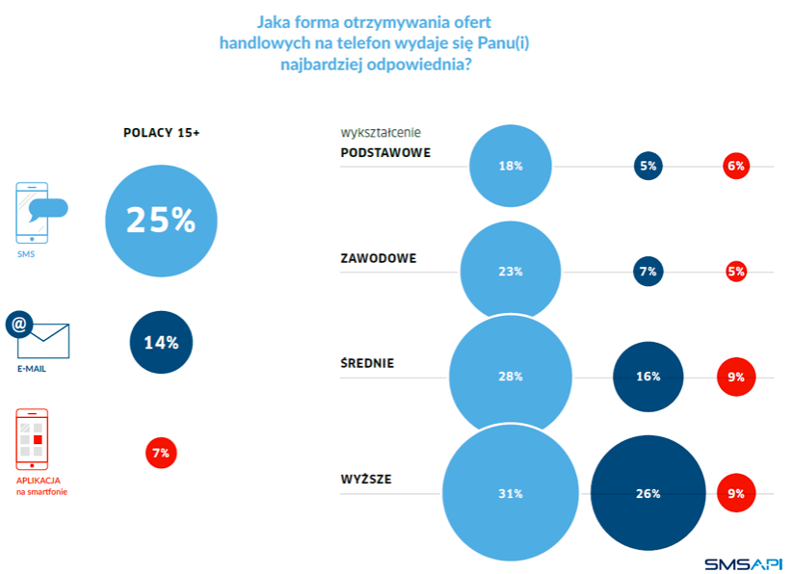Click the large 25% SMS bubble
(x=161, y=222)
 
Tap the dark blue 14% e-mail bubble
(x=161, y=342)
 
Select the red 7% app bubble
(x=161, y=452)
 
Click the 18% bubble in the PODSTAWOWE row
(x=511, y=166)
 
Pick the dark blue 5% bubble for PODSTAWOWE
(x=647, y=166)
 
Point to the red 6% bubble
(x=736, y=166)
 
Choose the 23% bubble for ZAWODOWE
(x=511, y=272)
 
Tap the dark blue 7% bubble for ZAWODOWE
(x=647, y=272)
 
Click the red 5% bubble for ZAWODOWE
(x=736, y=272)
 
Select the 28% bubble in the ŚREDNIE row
(x=511, y=377)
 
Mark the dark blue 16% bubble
(x=647, y=377)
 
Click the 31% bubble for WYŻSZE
(x=511, y=494)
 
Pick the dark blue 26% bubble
(x=647, y=494)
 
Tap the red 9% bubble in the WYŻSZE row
(x=736, y=494)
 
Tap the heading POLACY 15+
(x=161, y=133)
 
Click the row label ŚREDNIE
(x=367, y=363)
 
